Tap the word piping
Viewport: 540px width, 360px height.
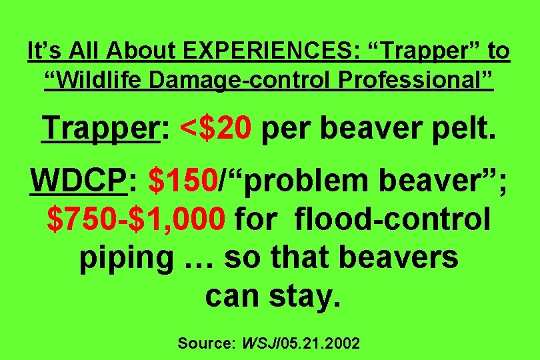click(x=124, y=257)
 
